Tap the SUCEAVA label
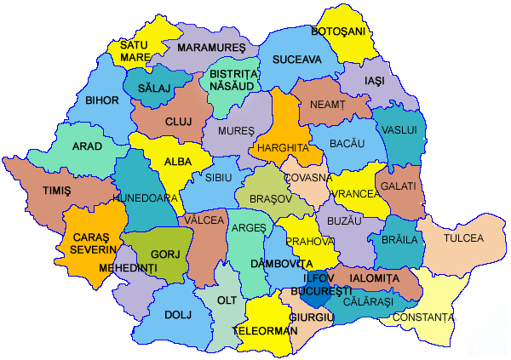coord(296,60)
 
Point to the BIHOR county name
coord(102,100)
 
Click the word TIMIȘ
coord(57,191)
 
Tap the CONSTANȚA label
coord(422,317)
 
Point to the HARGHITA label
coord(281,147)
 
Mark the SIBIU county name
coord(218,177)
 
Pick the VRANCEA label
coord(356,194)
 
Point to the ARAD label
coord(87,146)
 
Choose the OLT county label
coord(227,300)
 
